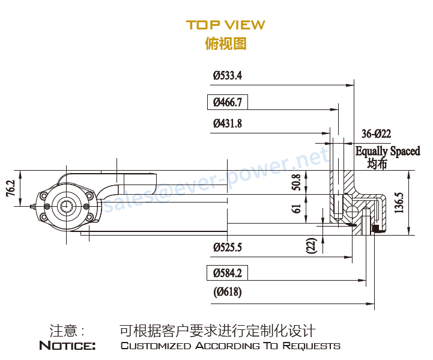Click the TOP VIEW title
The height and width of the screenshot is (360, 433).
click(x=225, y=25)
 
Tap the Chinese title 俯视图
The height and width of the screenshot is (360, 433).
click(x=225, y=43)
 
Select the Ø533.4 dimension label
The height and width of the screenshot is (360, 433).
click(x=227, y=76)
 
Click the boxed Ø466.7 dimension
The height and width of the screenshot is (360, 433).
click(x=227, y=102)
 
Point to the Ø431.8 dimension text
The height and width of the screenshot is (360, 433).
click(x=227, y=124)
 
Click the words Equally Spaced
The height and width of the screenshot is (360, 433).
click(x=387, y=151)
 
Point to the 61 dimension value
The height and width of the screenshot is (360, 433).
click(x=295, y=209)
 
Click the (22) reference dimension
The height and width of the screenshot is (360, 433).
click(x=311, y=245)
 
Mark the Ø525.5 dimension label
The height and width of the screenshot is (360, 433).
click(x=227, y=247)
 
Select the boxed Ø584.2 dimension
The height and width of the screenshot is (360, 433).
click(x=227, y=273)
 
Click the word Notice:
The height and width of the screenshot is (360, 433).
click(x=67, y=346)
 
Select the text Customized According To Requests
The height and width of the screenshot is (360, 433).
click(x=230, y=346)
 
